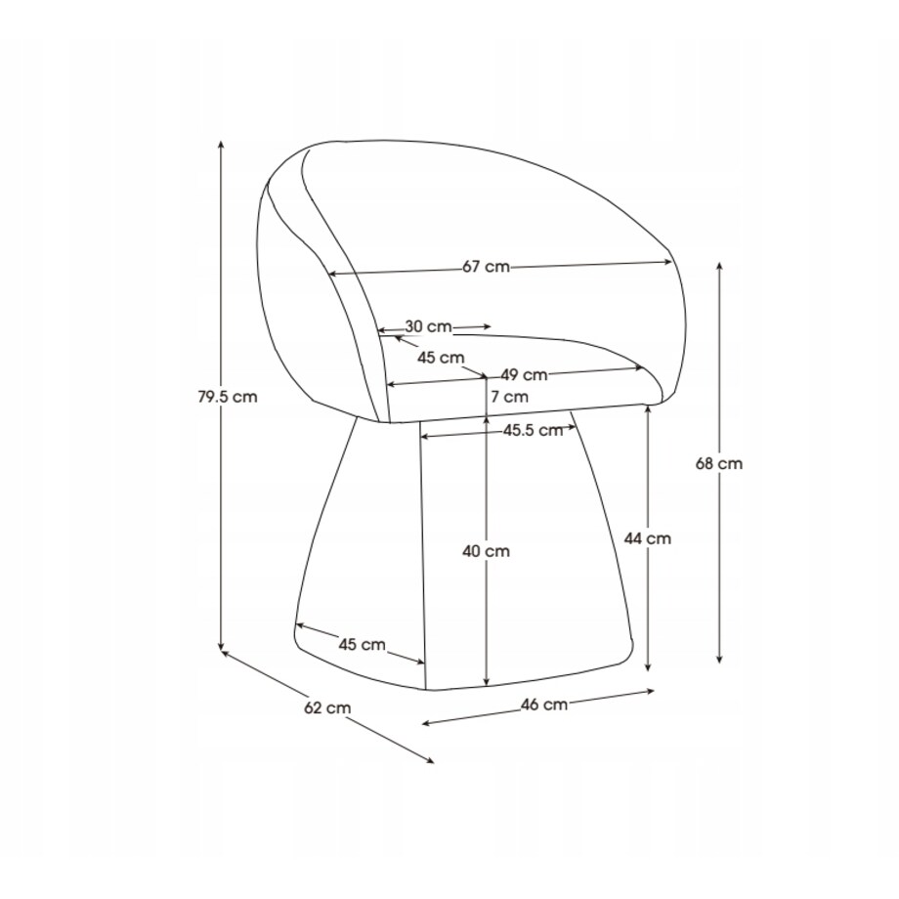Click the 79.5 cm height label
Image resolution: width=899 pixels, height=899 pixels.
pos(228,397)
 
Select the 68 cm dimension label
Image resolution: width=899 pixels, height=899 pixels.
pos(719,463)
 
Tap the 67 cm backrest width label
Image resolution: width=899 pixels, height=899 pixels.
pos(487,267)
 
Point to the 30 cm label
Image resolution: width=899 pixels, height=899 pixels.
pos(429,326)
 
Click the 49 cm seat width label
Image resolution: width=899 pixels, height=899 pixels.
pos(524,375)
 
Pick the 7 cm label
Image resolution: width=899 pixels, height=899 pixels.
pos(510,397)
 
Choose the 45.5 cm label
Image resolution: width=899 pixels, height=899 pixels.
pos(534,430)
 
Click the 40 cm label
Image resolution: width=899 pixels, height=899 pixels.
pos(487,551)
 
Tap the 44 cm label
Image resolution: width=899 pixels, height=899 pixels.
pos(647,539)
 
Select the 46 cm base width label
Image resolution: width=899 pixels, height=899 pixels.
pos(544,705)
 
